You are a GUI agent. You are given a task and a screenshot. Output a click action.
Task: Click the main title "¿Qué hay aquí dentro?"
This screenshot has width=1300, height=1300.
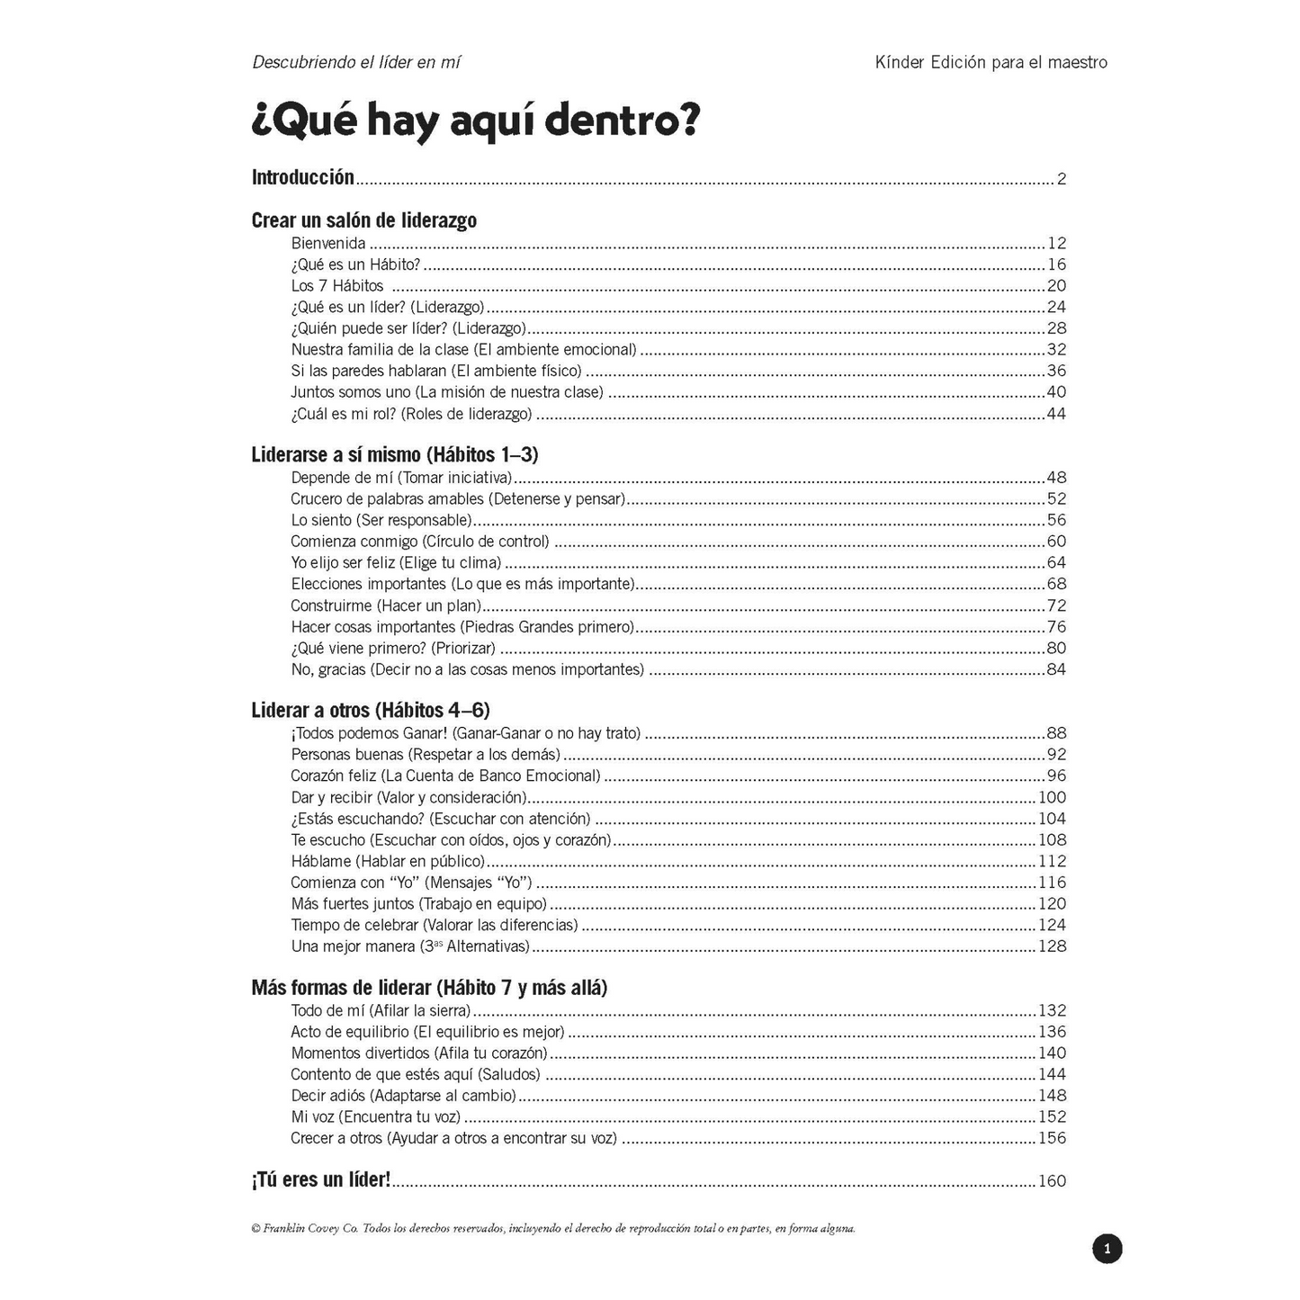tap(475, 121)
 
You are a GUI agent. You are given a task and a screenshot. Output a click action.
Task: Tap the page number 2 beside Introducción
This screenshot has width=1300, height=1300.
tap(1062, 179)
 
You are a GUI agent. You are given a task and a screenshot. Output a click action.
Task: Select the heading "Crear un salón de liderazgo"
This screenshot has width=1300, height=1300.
tap(363, 220)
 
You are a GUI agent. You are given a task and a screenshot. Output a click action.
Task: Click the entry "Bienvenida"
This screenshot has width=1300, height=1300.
tap(328, 243)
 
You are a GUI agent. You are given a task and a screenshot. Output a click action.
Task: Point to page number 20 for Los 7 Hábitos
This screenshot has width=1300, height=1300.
tap(1055, 286)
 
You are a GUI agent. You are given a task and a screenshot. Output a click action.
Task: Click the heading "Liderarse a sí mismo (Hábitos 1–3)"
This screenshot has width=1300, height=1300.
tap(394, 454)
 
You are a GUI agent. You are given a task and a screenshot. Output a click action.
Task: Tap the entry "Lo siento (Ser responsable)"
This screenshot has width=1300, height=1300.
tap(381, 520)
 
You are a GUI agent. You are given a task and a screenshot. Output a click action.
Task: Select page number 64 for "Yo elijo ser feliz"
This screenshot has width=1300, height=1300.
tap(1055, 563)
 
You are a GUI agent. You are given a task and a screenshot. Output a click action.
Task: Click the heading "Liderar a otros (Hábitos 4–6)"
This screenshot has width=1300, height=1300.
tap(371, 711)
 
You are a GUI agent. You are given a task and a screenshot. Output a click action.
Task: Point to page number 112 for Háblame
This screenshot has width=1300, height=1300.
tap(1052, 861)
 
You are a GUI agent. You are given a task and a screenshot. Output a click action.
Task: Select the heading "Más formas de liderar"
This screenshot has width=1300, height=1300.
tap(429, 988)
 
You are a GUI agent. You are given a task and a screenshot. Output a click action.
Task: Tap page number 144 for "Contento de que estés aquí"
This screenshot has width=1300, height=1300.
tap(1052, 1074)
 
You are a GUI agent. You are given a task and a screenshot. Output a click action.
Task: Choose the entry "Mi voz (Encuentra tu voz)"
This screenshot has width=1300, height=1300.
tap(375, 1117)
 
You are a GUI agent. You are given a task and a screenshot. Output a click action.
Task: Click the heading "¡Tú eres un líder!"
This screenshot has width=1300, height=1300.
tap(321, 1180)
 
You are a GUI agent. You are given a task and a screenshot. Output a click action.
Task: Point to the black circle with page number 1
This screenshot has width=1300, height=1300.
tap(1107, 1249)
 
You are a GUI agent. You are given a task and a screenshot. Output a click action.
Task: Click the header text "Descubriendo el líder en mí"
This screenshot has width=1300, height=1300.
tap(356, 63)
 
